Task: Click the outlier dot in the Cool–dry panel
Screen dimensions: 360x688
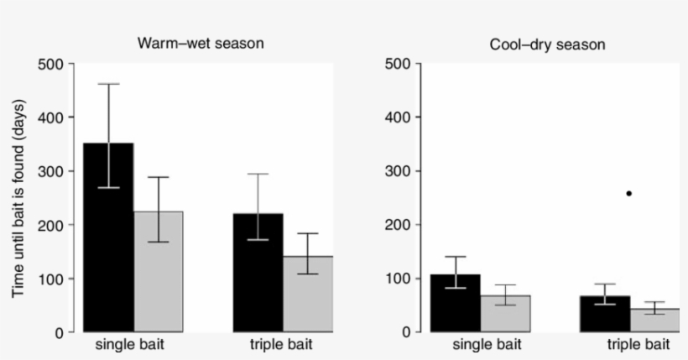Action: click(628, 194)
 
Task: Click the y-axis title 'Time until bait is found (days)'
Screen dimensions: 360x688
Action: click(18, 199)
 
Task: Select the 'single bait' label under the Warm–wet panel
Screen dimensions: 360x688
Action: click(133, 345)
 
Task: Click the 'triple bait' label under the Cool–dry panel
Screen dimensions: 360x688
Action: click(638, 345)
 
